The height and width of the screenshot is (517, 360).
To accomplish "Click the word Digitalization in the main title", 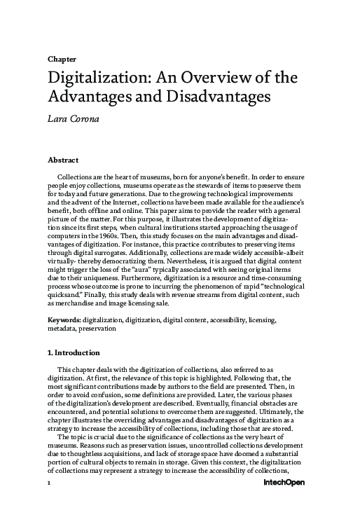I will tap(96, 76).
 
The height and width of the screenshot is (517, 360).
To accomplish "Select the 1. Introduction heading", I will tap(73, 352).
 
